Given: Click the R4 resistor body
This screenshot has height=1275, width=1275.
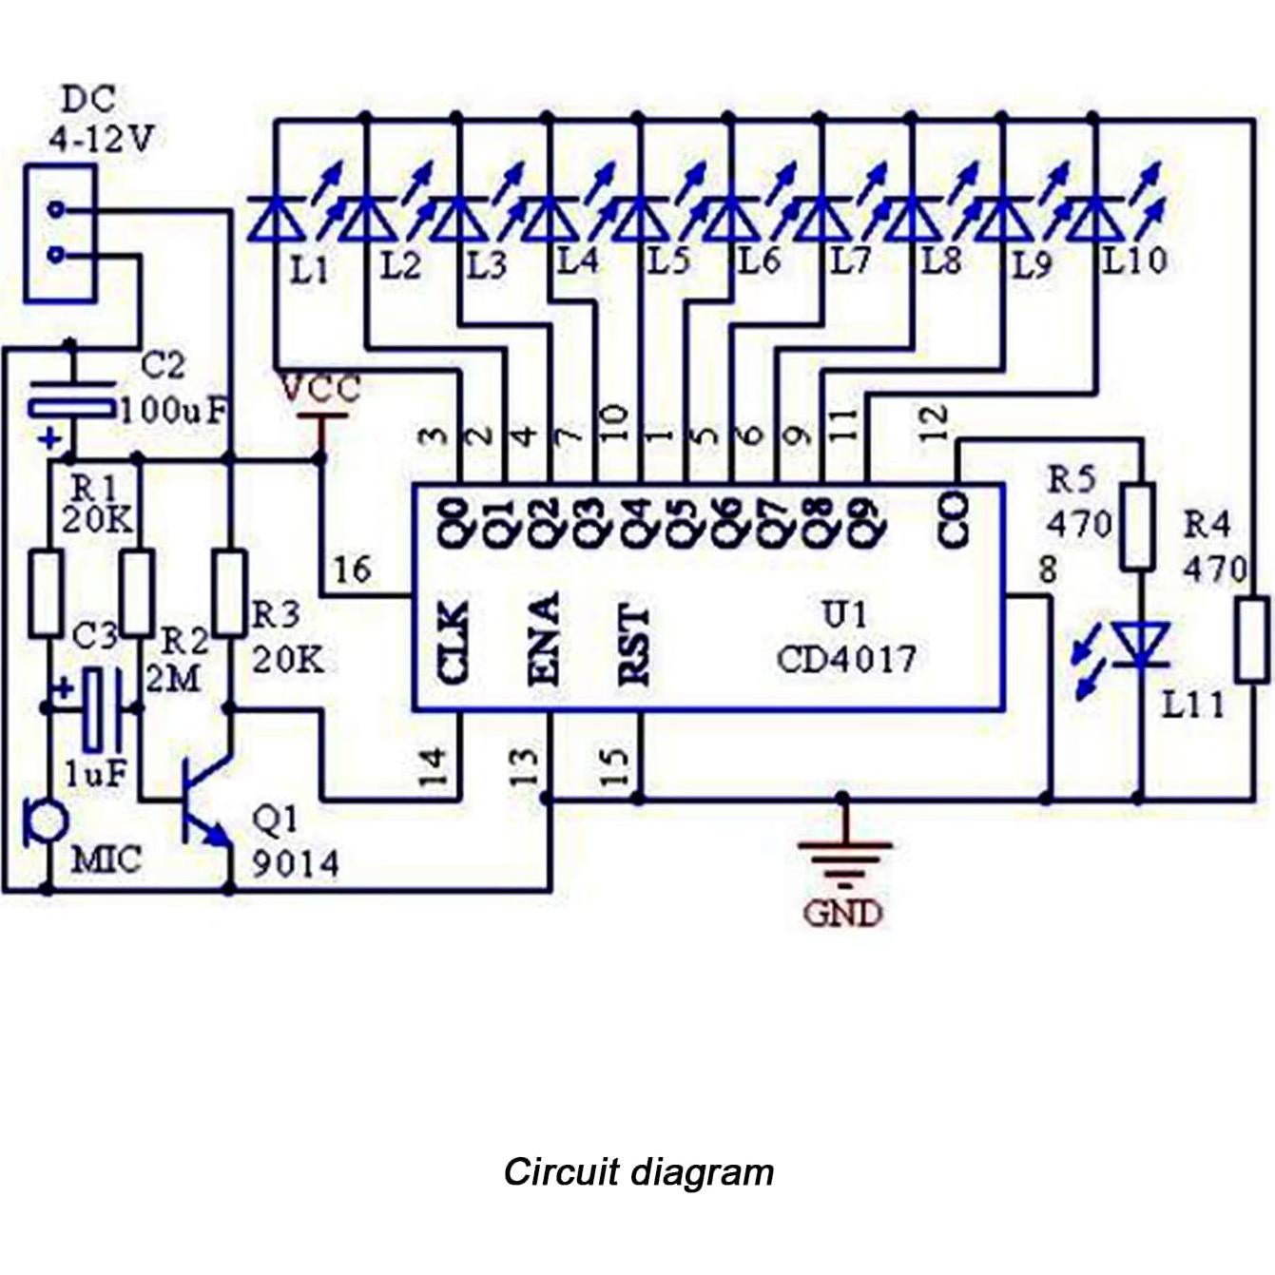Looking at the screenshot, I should pyautogui.click(x=1251, y=639).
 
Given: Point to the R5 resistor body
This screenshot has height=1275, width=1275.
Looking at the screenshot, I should pyautogui.click(x=1138, y=527).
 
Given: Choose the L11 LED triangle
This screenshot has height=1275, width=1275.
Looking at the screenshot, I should pyautogui.click(x=1139, y=645).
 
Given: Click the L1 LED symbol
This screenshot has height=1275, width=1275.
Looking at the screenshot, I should pyautogui.click(x=277, y=219).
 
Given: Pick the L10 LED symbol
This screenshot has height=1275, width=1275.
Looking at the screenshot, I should pyautogui.click(x=1093, y=219).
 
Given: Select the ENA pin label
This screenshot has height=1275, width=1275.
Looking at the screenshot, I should pyautogui.click(x=543, y=639).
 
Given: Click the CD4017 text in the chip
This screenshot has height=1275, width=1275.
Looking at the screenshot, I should pyautogui.click(x=846, y=659).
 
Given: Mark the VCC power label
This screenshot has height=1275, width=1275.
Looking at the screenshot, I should pyautogui.click(x=320, y=389).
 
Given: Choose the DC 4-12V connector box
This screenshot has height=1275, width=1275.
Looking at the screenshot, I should pyautogui.click(x=59, y=233).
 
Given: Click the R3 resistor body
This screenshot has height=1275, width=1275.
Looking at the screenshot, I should pyautogui.click(x=229, y=591).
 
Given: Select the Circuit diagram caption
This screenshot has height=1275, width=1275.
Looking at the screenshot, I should pyautogui.click(x=638, y=1171).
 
